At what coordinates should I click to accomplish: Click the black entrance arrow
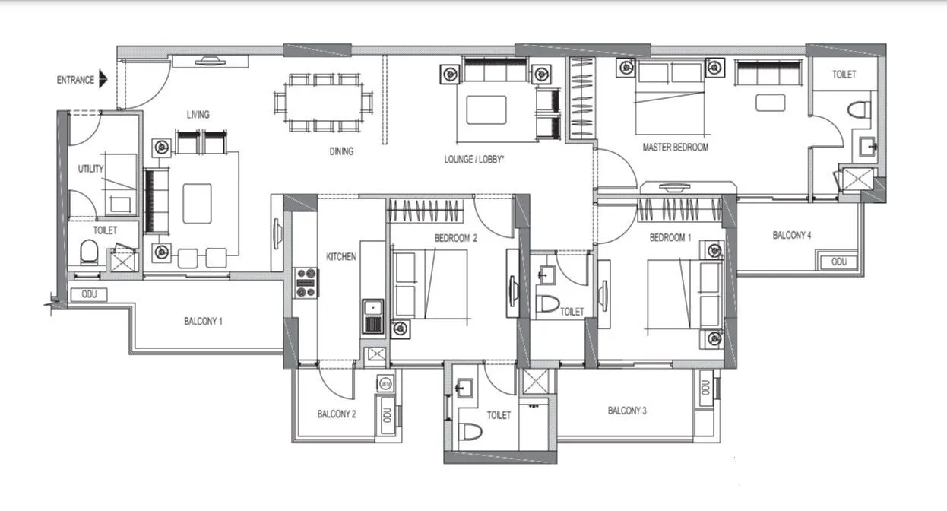click(103, 79)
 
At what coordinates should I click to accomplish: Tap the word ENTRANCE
click(75, 79)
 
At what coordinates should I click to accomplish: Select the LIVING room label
click(198, 115)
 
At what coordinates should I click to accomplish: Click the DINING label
click(341, 151)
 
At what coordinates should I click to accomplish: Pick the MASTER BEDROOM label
click(675, 147)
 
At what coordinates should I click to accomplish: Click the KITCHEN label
click(341, 257)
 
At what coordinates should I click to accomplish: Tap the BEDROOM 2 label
click(455, 238)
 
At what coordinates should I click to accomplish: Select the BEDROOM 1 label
click(670, 238)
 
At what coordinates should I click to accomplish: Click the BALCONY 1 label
click(203, 322)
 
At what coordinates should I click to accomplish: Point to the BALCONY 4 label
click(792, 236)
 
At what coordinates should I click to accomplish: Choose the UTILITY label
click(90, 169)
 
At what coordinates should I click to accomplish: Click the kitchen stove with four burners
click(306, 283)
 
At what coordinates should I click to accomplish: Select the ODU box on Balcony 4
click(838, 262)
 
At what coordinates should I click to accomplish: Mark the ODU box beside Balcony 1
click(89, 295)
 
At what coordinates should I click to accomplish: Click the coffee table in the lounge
click(486, 109)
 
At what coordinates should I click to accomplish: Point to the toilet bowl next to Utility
click(89, 250)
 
